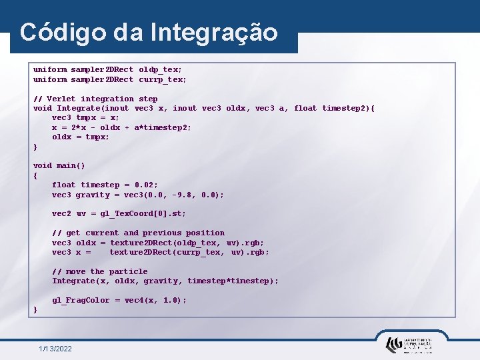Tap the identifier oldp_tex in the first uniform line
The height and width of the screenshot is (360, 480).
click(160, 70)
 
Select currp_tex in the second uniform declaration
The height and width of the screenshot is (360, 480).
click(163, 79)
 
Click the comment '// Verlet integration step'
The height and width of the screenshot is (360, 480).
click(95, 99)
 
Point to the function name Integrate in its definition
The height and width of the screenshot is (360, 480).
click(78, 108)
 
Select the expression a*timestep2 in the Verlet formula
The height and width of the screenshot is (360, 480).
click(163, 127)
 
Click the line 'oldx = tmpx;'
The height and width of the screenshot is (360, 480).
click(81, 137)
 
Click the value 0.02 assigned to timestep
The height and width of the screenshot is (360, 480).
click(145, 185)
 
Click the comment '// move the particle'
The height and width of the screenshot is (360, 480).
click(100, 271)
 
